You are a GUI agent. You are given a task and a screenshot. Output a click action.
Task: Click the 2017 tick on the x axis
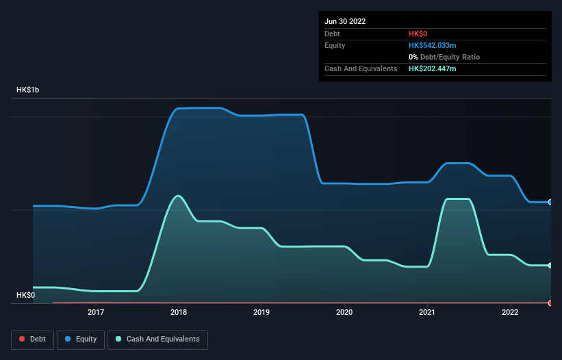pyautogui.click(x=96, y=312)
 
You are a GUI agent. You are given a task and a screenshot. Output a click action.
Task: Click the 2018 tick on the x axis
pyautogui.click(x=179, y=312)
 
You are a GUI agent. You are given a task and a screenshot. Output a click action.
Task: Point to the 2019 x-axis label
pyautogui.click(x=261, y=312)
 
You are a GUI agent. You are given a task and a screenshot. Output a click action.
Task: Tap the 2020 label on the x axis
pyautogui.click(x=344, y=312)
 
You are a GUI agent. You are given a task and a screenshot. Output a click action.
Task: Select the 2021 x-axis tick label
pyautogui.click(x=427, y=312)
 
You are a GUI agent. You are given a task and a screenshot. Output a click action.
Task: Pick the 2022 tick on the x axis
pyautogui.click(x=510, y=312)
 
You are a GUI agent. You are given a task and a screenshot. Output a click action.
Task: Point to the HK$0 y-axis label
pyautogui.click(x=26, y=295)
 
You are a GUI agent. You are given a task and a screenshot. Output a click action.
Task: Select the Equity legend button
pyautogui.click(x=81, y=339)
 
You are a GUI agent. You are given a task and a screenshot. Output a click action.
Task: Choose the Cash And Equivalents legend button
pyautogui.click(x=157, y=339)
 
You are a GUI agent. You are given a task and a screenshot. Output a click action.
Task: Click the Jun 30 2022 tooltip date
pyautogui.click(x=345, y=21)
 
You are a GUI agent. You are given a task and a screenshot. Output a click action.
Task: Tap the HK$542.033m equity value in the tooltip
pyautogui.click(x=433, y=45)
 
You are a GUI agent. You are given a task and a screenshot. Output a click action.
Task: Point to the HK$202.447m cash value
pyautogui.click(x=433, y=68)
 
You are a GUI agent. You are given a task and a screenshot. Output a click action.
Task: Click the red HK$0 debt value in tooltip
pyautogui.click(x=419, y=34)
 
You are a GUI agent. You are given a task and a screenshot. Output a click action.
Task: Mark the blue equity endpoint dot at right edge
pyautogui.click(x=550, y=202)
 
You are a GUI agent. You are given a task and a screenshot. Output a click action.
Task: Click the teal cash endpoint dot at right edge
pyautogui.click(x=550, y=266)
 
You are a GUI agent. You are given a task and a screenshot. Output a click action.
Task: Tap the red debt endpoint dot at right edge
pyautogui.click(x=550, y=303)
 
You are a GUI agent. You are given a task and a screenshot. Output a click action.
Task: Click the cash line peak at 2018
pyautogui.click(x=179, y=196)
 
